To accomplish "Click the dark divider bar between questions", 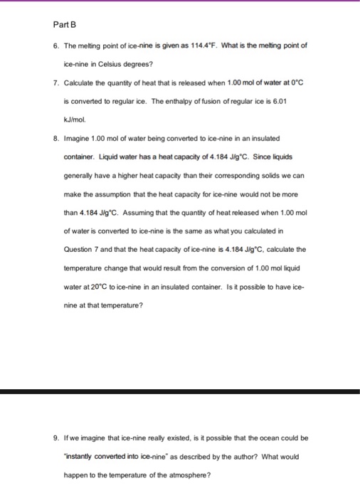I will [180, 391].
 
